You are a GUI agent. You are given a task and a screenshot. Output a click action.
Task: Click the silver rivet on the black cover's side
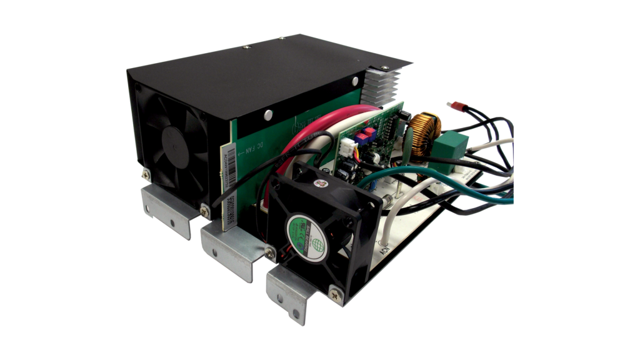[268, 114]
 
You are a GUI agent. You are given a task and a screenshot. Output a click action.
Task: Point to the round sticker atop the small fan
[322, 183]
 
